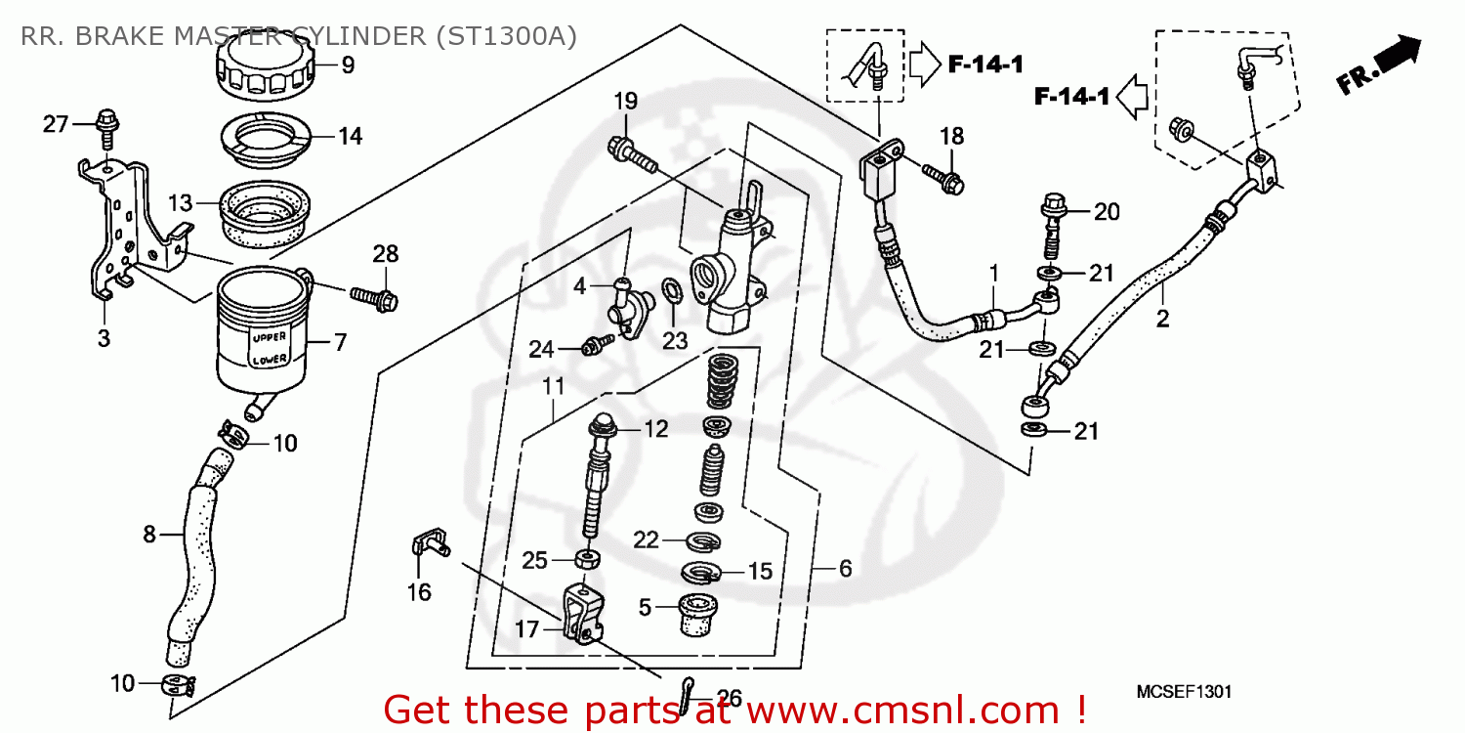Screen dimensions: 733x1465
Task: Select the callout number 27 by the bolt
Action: (x=57, y=124)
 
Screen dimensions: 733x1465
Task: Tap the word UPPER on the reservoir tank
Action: (x=270, y=337)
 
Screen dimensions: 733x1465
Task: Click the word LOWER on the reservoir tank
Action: (x=270, y=360)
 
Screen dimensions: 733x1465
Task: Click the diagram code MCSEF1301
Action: (x=1184, y=691)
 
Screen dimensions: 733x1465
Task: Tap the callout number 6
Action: (x=845, y=568)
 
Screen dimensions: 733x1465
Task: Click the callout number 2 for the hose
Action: (x=1162, y=319)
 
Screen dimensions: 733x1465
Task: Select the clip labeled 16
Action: (x=427, y=546)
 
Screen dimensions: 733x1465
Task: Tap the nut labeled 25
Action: (x=587, y=560)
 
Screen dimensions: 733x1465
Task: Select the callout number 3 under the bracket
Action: (x=104, y=338)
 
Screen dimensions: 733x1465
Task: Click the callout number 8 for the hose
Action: (x=149, y=534)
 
